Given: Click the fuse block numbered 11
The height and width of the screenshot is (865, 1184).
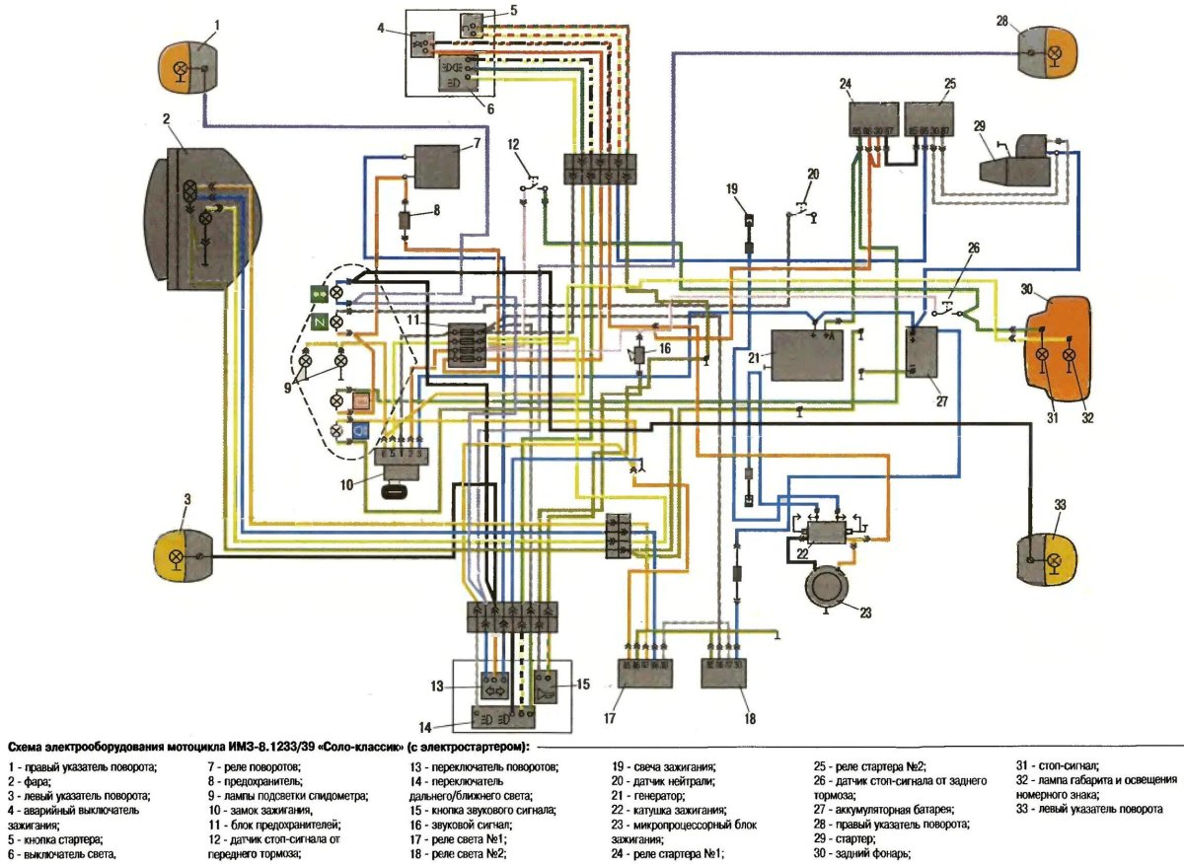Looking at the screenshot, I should (x=463, y=345).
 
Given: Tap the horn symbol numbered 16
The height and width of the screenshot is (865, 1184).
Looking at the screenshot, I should (x=639, y=353).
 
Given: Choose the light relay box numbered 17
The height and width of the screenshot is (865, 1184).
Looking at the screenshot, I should (x=644, y=675).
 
